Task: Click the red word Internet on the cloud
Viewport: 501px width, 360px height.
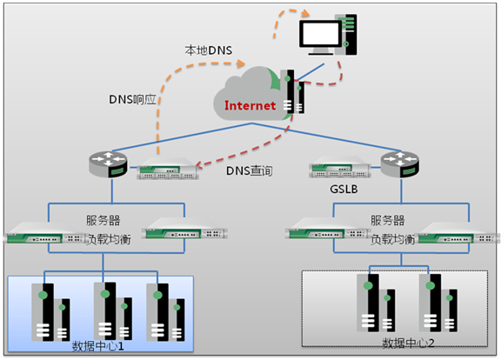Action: (x=250, y=105)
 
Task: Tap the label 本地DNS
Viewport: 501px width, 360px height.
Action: (x=209, y=50)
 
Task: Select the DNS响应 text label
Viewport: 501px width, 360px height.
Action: (x=132, y=99)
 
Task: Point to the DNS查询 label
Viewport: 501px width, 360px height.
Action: (x=250, y=170)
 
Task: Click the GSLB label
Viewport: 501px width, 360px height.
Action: (x=344, y=189)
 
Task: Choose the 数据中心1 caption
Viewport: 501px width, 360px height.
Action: (x=97, y=346)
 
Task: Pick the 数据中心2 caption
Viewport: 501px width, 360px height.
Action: (x=408, y=343)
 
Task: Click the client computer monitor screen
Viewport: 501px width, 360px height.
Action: (x=320, y=33)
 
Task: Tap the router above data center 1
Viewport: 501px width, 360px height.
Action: (x=108, y=164)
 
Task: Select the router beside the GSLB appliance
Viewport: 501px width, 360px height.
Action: (x=400, y=164)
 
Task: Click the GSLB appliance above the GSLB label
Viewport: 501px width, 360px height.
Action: (x=340, y=167)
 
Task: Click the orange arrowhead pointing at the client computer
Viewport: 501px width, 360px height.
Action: (x=305, y=13)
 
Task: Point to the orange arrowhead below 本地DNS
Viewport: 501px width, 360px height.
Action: (x=240, y=63)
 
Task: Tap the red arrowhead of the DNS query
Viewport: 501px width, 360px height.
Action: (x=198, y=164)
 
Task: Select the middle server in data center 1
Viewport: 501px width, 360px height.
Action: (x=113, y=311)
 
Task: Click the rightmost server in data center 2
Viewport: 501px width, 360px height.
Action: (x=438, y=303)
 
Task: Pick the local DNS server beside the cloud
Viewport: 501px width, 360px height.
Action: (x=292, y=91)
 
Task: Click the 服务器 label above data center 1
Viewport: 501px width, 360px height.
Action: (x=103, y=220)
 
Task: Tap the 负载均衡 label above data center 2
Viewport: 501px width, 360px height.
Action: (x=392, y=239)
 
